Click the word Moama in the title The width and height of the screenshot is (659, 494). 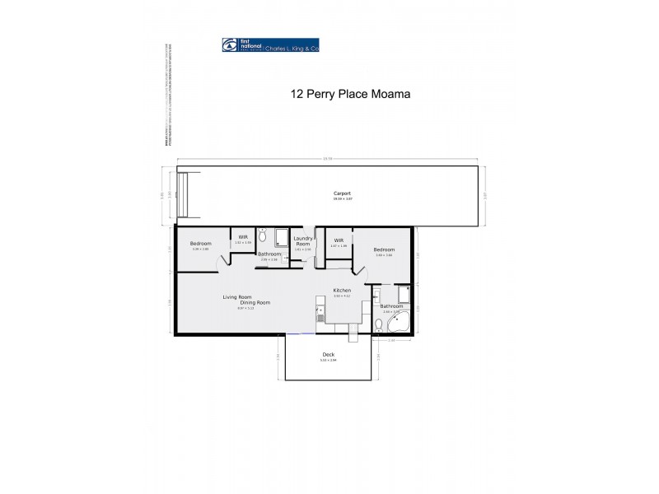click(391, 94)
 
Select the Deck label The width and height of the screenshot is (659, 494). click(329, 354)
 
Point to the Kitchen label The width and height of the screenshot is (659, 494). click(342, 291)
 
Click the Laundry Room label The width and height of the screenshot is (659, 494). click(303, 241)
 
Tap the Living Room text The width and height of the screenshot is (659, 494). click(237, 296)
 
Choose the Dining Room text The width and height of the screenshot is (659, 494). click(255, 303)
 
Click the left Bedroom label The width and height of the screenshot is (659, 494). click(201, 243)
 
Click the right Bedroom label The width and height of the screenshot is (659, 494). click(384, 249)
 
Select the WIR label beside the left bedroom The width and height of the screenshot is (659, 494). click(243, 237)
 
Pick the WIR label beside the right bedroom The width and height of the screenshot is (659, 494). click(339, 240)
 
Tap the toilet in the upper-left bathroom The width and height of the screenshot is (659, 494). click(262, 236)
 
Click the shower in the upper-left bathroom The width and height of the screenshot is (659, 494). click(280, 237)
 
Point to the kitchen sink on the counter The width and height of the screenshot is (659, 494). click(319, 310)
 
